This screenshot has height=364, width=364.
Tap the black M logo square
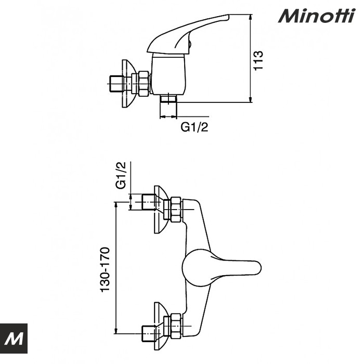[14, 339]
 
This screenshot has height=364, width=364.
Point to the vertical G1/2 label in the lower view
[121, 176]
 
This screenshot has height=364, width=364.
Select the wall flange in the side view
[128, 84]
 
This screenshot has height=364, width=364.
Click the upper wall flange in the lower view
[160, 209]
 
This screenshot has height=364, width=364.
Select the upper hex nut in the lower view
[175, 209]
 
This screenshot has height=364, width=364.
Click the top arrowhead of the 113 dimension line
[251, 16]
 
